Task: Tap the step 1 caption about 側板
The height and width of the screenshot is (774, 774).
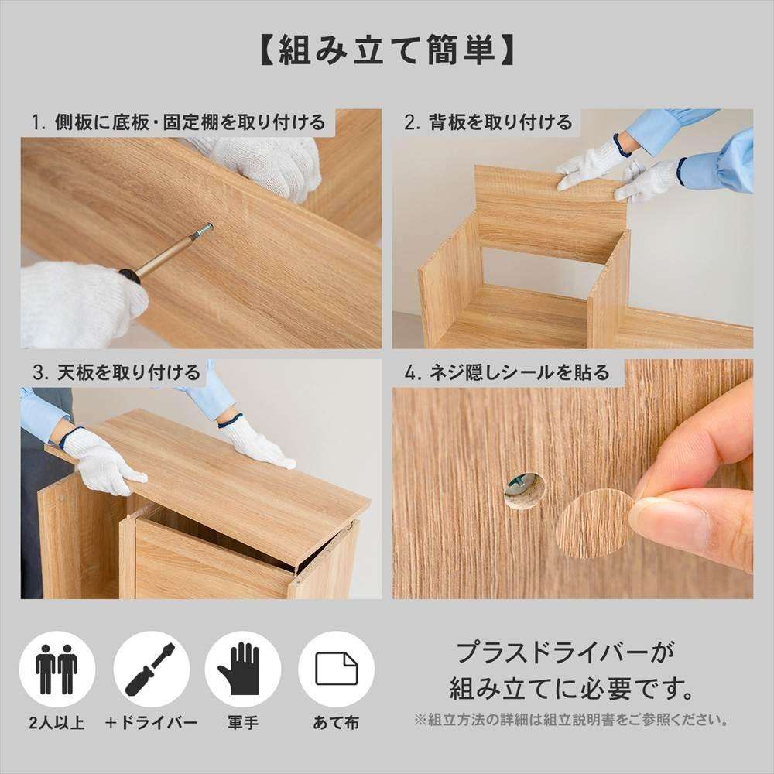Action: point(178,122)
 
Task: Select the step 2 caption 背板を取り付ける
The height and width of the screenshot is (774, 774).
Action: point(488,122)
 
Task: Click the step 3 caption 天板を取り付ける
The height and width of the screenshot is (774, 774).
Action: point(117,373)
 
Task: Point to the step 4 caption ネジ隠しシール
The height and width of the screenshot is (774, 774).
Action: point(507,373)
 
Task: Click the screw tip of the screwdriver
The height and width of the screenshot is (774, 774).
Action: point(208,228)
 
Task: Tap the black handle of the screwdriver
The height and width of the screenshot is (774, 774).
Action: point(129,277)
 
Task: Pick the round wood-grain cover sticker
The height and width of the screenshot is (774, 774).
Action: point(594,525)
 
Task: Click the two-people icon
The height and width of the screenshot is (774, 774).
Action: point(57,669)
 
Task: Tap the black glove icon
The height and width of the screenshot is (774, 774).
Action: point(242,669)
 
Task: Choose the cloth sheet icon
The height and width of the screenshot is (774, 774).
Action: point(337,669)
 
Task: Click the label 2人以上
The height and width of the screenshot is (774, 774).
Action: point(57,723)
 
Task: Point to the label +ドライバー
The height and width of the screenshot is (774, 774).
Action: point(151,723)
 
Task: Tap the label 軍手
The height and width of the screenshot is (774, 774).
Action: point(242,723)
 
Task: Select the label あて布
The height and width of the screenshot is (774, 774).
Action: point(336,723)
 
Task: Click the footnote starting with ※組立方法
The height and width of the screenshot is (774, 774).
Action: point(571,720)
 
